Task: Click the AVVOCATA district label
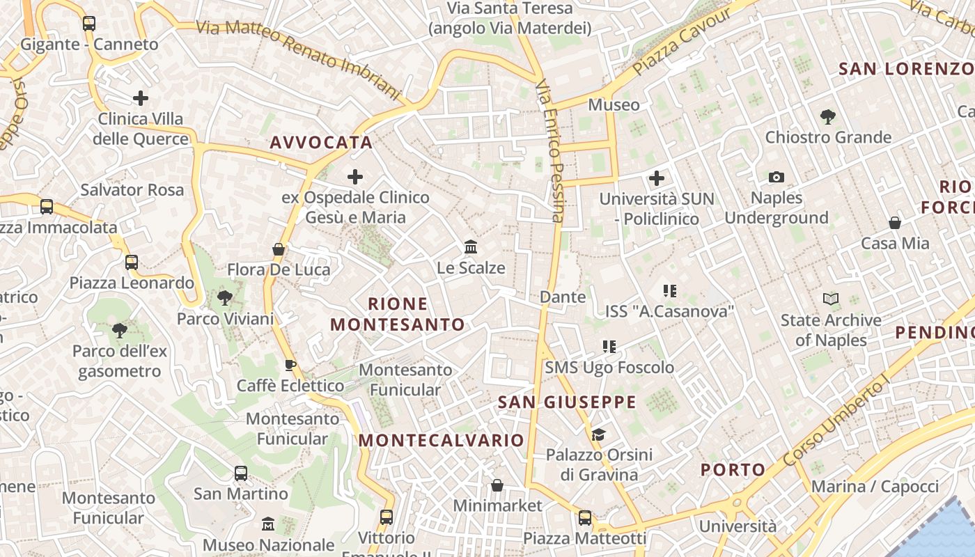(x=321, y=143)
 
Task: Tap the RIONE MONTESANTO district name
(x=398, y=314)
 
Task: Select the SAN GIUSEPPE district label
(x=567, y=402)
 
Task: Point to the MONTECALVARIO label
(x=441, y=440)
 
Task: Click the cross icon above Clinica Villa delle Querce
(x=141, y=97)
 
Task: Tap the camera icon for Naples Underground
(x=777, y=178)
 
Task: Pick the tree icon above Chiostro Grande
(x=827, y=116)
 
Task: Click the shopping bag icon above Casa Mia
(x=895, y=223)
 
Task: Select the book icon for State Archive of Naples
(x=830, y=299)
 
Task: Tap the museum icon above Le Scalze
(x=471, y=247)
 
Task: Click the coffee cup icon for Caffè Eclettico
(x=290, y=365)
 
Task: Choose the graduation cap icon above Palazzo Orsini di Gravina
(x=598, y=435)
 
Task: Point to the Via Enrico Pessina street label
(x=550, y=151)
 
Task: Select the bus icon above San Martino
(x=240, y=473)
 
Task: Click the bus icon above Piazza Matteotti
(x=585, y=518)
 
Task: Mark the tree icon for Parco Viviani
(x=225, y=298)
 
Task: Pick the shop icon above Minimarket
(x=497, y=485)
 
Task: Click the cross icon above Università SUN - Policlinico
(x=657, y=178)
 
